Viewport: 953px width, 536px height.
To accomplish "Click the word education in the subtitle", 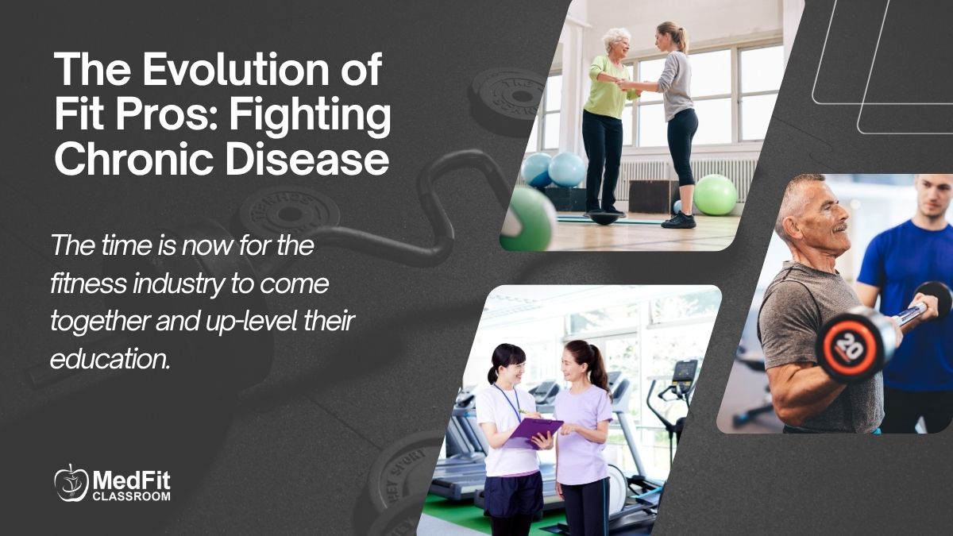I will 109,360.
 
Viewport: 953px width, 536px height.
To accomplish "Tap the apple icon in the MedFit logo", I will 71,483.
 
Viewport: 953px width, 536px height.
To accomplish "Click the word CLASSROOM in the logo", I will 132,497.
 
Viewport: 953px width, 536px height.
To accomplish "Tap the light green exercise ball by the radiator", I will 715,195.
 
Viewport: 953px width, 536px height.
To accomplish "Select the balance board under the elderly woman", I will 606,216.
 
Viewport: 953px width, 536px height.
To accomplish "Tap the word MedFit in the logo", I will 132,480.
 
